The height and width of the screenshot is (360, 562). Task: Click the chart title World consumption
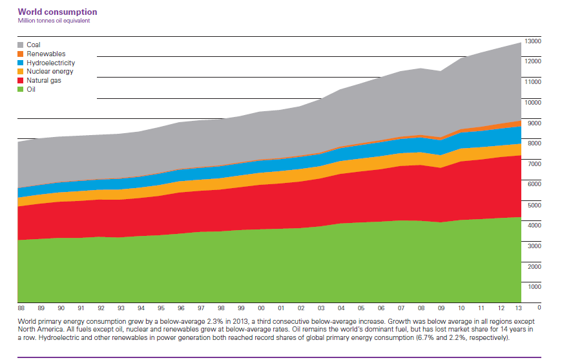57,12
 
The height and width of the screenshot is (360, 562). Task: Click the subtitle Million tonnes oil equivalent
54,21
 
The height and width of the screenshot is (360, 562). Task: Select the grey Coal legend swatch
20,45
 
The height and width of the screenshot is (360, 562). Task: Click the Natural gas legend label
44,81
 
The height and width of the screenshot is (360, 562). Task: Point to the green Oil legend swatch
20,90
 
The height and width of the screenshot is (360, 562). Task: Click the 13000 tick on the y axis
533,41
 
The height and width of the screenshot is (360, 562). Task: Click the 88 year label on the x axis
21,309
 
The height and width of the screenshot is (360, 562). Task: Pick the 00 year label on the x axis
261,309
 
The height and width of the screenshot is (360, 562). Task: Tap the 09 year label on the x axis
441,309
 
